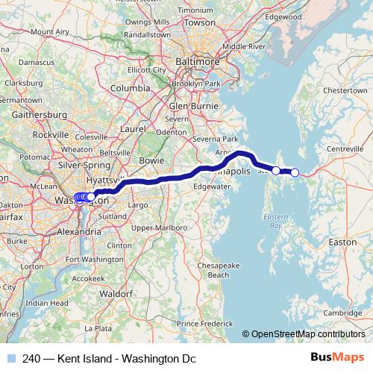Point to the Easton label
(x=342, y=242)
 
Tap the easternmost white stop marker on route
(x=295, y=172)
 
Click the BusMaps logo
(x=342, y=359)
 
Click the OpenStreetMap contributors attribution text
(x=307, y=334)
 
